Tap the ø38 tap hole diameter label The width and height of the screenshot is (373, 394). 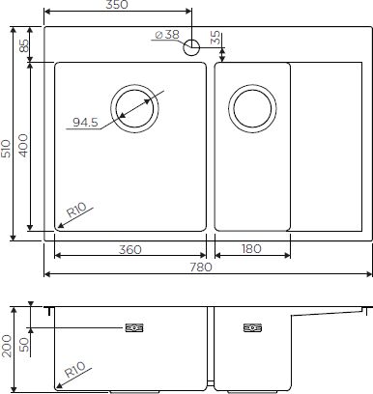(x=165, y=38)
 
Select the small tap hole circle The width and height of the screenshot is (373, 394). (x=191, y=44)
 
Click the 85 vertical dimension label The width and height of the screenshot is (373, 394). (x=23, y=43)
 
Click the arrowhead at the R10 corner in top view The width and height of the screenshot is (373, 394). (x=59, y=228)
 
